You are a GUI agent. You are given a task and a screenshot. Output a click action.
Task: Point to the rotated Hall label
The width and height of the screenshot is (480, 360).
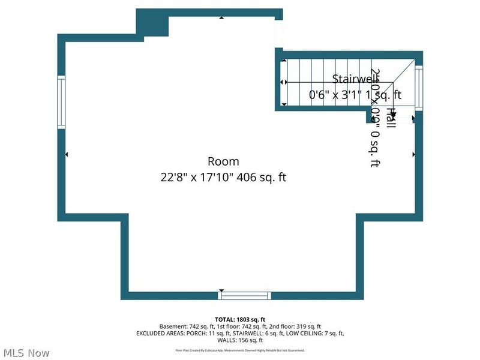pyautogui.click(x=391, y=117)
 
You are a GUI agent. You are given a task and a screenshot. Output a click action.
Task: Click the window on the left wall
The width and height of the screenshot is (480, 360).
pyautogui.click(x=61, y=101)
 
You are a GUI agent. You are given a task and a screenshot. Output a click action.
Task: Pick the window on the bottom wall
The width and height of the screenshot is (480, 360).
pyautogui.click(x=244, y=295)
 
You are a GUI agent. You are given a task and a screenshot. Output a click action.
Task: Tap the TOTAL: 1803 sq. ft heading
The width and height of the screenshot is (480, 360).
pyautogui.click(x=240, y=319)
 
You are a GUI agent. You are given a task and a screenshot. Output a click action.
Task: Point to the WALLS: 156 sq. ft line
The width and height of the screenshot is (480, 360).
pyautogui.click(x=240, y=340)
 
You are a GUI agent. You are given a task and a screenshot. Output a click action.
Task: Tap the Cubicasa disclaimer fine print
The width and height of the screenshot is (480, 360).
pyautogui.click(x=240, y=350)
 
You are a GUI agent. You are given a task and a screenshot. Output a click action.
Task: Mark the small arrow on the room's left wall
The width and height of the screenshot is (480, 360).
pyautogui.click(x=67, y=155)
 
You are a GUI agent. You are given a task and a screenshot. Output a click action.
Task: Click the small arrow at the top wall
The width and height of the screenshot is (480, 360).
pyautogui.click(x=221, y=17)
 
